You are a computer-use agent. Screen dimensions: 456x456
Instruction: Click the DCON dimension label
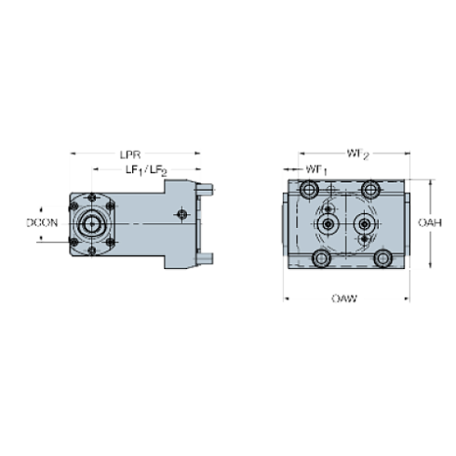pos(42,222)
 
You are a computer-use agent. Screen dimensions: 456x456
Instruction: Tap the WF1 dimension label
pos(316,169)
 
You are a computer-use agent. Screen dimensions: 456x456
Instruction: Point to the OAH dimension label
pos(428,222)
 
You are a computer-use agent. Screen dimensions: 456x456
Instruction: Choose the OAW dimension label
pos(345,300)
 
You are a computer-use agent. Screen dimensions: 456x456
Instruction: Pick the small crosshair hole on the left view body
pos(182,215)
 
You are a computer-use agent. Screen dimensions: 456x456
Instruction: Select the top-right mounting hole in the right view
pos(371,190)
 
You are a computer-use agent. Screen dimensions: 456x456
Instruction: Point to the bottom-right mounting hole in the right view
pos(382,258)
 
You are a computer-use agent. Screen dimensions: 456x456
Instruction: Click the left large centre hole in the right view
pos(328,224)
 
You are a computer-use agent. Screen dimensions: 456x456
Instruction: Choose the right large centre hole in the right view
pos(363,224)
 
